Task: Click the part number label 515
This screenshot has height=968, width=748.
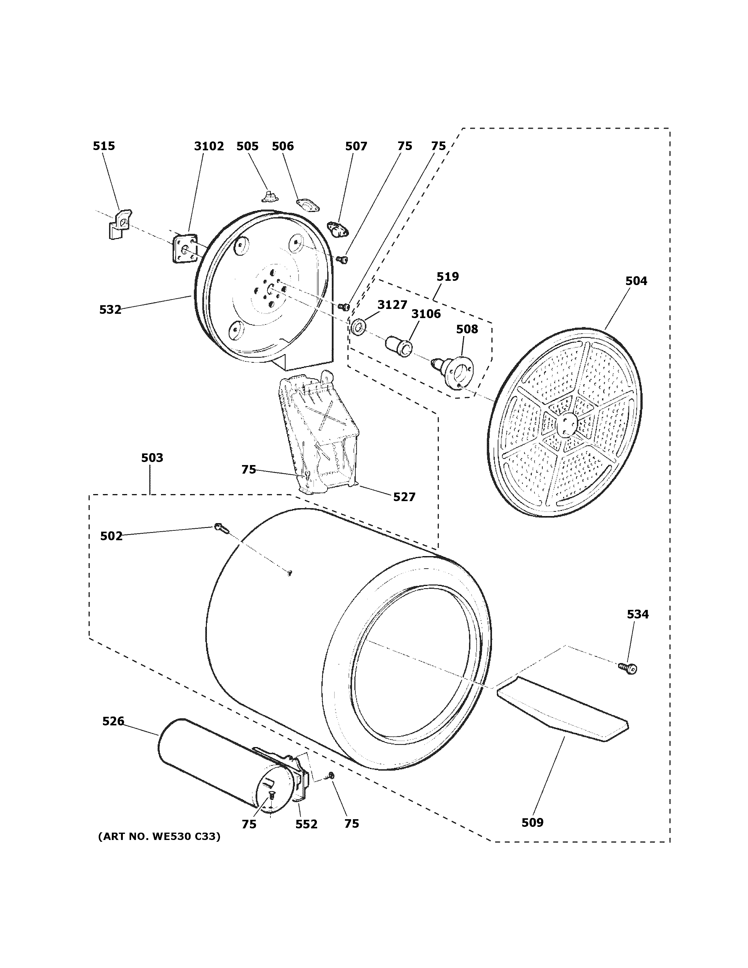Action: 104,146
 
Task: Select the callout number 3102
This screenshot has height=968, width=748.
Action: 209,146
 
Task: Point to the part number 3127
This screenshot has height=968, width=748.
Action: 392,305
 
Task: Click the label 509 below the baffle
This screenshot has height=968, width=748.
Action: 532,822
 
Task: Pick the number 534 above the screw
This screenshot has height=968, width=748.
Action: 637,614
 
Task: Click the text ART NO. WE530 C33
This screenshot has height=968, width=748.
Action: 159,836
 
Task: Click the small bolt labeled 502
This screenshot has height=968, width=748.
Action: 219,527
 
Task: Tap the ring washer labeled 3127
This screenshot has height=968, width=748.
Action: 358,328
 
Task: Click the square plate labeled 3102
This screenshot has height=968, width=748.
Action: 184,250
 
